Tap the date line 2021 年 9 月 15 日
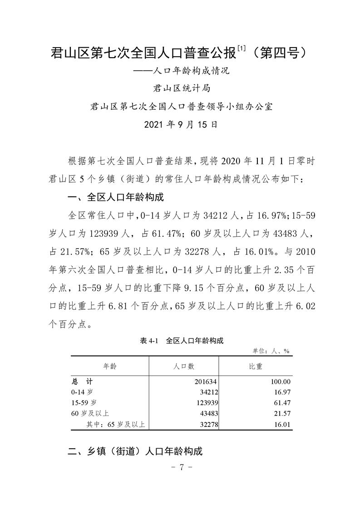(180, 124)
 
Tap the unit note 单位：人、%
(271, 351)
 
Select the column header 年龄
(110, 366)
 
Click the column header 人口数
(184, 366)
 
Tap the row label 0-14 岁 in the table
(82, 392)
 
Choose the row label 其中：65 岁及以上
(115, 424)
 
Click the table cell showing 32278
(203, 424)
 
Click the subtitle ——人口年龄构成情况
(180, 71)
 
